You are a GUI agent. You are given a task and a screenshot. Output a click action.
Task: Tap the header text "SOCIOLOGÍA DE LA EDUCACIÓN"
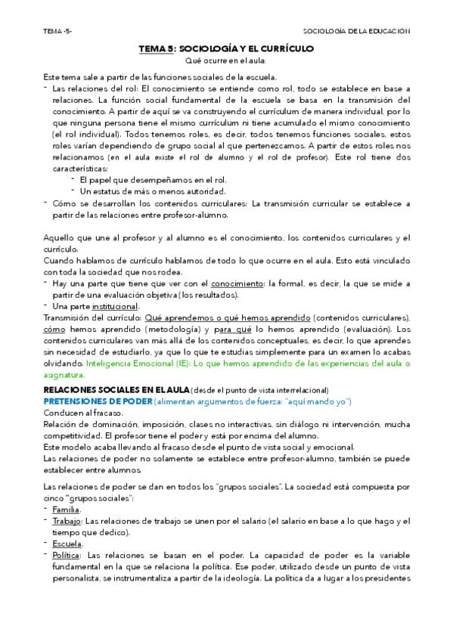[356, 32]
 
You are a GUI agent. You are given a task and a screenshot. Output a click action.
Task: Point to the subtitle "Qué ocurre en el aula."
[225, 60]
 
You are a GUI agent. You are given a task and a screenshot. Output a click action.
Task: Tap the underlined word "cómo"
[54, 330]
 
